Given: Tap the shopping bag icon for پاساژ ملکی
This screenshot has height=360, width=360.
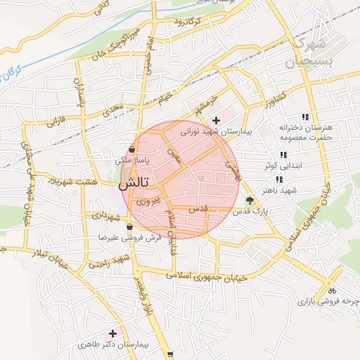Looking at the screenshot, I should point(132,150).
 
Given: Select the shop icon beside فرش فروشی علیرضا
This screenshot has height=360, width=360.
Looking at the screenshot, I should point(129,227).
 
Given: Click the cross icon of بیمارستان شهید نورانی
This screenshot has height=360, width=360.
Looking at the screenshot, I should point(216,120).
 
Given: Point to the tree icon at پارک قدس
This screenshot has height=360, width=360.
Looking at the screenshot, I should point(250,200).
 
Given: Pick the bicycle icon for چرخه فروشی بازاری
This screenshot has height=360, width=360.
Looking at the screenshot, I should point(332,289).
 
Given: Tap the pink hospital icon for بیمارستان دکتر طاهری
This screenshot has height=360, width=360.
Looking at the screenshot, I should point(112,333).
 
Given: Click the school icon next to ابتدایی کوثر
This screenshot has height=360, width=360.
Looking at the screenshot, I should point(283,155).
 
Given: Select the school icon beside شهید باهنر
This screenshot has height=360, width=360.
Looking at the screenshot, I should point(280,179).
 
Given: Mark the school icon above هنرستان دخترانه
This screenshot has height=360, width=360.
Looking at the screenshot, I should point(304,117).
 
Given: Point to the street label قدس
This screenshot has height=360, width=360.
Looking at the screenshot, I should point(200,209).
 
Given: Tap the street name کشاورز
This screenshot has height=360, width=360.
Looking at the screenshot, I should point(273,96).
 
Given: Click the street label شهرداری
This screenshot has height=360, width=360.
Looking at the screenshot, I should point(106,216).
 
